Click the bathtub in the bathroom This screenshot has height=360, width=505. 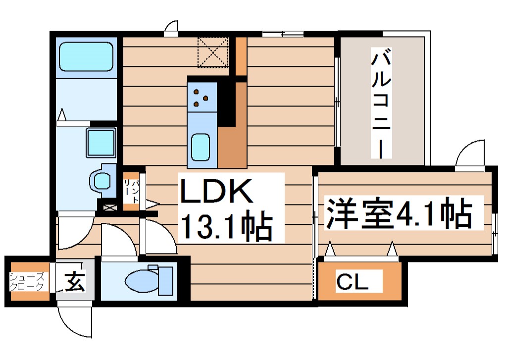point(86,56)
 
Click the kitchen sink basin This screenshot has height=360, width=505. point(201,147)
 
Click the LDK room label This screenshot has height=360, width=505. point(216,191)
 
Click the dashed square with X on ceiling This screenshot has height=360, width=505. point(213,51)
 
